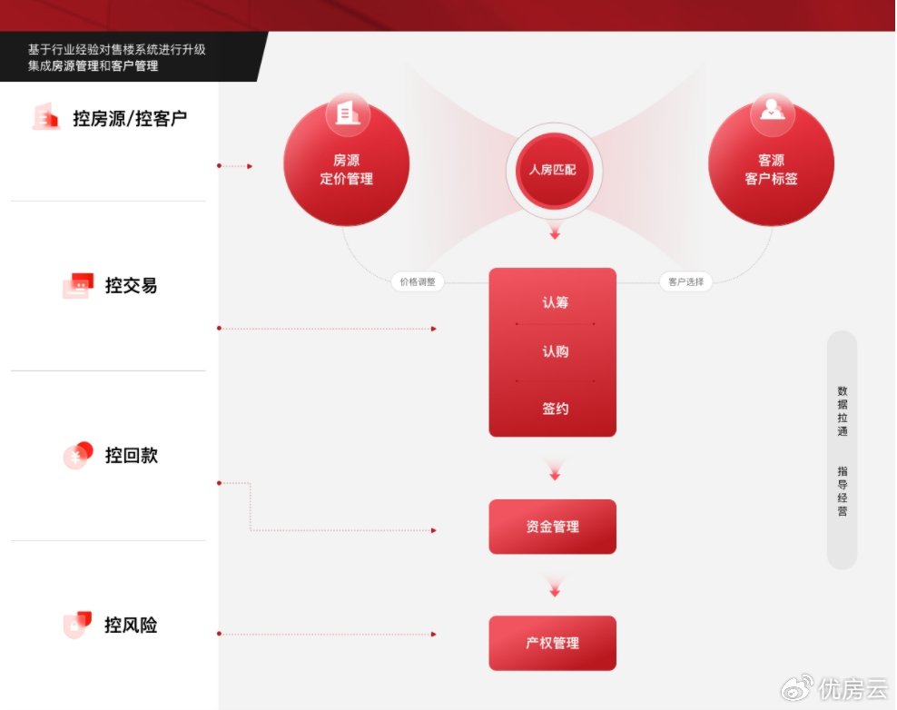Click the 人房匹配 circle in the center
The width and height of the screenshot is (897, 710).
[553, 170]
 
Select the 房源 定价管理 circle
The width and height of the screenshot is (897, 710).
[347, 163]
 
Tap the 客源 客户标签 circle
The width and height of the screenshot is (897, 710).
[771, 163]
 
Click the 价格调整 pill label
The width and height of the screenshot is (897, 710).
[418, 281]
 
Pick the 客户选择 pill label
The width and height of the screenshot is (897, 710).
[685, 281]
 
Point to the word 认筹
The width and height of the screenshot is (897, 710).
[555, 302]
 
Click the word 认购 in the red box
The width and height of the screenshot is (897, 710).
[555, 351]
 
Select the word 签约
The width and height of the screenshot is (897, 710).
[555, 409]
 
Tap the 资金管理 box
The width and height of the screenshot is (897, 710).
[553, 527]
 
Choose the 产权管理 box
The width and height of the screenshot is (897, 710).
[553, 643]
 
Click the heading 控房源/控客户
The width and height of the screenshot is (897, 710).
[130, 118]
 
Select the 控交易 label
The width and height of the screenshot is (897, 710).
[131, 285]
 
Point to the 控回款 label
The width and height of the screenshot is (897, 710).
[131, 456]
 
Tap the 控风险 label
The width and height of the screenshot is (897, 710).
[131, 625]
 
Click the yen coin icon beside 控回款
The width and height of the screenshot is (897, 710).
[78, 455]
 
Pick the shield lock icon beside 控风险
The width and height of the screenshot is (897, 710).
[77, 624]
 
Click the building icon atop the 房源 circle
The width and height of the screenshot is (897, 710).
[347, 113]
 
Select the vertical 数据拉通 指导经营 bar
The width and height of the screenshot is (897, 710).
[843, 449]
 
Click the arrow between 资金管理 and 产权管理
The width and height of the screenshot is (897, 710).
[555, 587]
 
